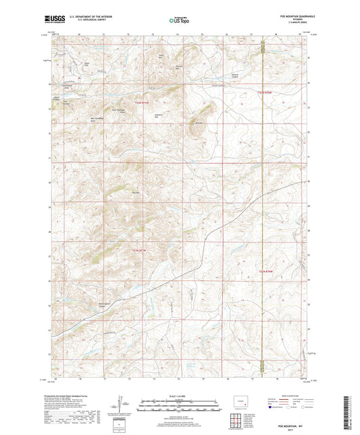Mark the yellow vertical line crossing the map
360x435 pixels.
pos(262,203)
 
